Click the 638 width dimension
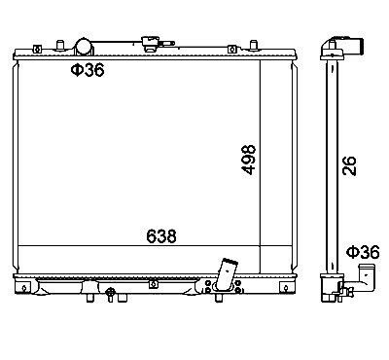pyautogui.click(x=161, y=236)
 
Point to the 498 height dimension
pyautogui.click(x=249, y=160)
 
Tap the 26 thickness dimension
pyautogui.click(x=349, y=165)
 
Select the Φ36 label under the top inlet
pyautogui.click(x=88, y=70)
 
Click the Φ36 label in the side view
pyautogui.click(x=363, y=252)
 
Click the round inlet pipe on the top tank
pyautogui.click(x=84, y=47)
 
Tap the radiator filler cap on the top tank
pyautogui.click(x=150, y=44)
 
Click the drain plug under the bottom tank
pyautogui.click(x=111, y=294)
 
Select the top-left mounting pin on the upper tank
pyautogui.click(x=60, y=45)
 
